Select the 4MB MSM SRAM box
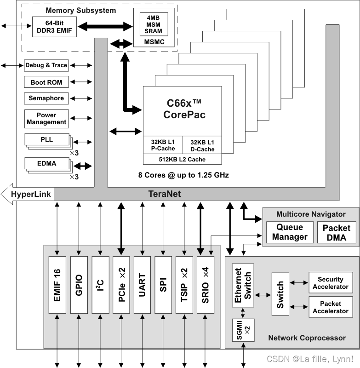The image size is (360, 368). coord(154,24)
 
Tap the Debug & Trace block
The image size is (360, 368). coord(46,65)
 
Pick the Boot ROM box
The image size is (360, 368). coord(46,82)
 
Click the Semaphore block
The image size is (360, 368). coord(46,98)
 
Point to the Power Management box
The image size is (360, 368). coord(46,119)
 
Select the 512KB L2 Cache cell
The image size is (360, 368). coord(182,159)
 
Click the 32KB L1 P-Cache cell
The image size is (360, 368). coord(163,145)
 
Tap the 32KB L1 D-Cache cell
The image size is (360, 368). coord(202,145)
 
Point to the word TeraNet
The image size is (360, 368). coord(165,194)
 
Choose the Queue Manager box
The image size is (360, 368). coord(289,232)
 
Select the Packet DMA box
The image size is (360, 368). coord(336,232)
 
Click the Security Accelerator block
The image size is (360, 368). coord(331,283)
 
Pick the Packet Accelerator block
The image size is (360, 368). coord(331,307)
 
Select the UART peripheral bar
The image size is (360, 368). coord(142,285)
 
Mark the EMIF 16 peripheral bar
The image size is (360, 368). coord(57,285)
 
